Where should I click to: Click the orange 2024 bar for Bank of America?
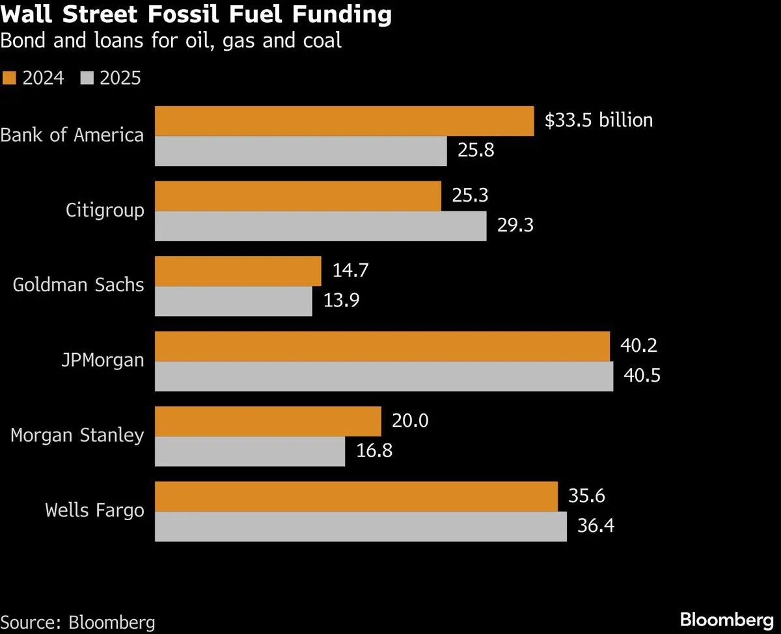click(344, 121)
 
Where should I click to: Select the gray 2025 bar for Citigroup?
click(320, 226)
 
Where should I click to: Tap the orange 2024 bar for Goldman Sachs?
click(238, 271)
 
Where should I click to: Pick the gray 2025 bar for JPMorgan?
click(383, 376)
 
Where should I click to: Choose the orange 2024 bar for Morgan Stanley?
click(267, 422)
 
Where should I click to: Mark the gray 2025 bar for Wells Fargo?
click(361, 527)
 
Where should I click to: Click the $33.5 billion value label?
click(598, 120)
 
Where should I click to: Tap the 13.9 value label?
click(341, 301)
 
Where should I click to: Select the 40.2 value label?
click(638, 345)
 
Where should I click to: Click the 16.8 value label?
click(374, 451)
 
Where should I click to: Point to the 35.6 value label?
click(586, 496)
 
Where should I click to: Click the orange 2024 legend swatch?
click(8, 79)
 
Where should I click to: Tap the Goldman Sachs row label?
click(78, 285)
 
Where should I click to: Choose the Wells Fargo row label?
click(94, 510)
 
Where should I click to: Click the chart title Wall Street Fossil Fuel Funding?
click(196, 15)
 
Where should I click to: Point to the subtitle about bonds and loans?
click(171, 42)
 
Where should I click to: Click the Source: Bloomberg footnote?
click(77, 622)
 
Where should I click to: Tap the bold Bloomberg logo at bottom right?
click(726, 619)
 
